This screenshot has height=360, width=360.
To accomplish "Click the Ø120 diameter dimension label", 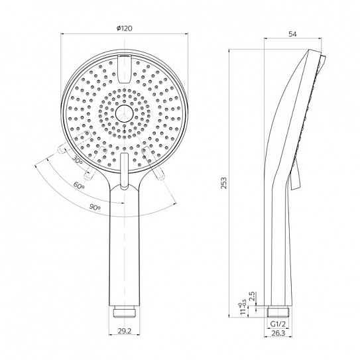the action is [124, 29].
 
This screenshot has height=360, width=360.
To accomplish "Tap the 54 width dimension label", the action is [292, 34].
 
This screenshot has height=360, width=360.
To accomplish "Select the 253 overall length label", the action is [223, 183].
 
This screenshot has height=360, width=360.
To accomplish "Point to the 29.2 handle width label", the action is [124, 331].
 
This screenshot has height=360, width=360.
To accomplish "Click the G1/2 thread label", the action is [278, 324].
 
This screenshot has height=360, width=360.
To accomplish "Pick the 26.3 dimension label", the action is [278, 333].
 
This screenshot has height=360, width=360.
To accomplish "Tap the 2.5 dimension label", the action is [252, 296].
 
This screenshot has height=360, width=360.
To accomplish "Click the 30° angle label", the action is [78, 159].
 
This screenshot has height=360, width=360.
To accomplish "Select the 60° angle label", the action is [79, 185].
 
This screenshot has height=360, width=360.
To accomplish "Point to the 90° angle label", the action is [95, 208].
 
